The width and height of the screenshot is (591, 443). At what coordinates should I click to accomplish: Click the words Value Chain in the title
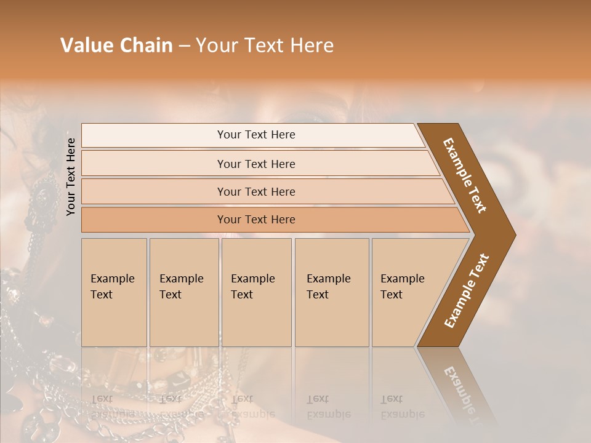pos(116,46)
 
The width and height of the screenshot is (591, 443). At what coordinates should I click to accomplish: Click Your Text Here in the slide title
pos(265,46)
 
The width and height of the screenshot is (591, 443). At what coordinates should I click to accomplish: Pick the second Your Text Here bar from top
pos(256,164)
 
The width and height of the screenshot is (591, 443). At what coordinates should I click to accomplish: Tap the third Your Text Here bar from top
pos(256,191)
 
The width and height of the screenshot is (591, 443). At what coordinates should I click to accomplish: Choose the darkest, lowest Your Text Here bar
pos(256,220)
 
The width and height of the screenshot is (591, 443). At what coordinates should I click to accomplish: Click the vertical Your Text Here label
pos(71,177)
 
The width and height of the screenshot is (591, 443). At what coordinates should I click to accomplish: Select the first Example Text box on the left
pos(114,292)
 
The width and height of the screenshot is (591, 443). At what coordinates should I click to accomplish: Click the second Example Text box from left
pos(183,292)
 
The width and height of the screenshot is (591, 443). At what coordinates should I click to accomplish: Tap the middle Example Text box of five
pos(256,292)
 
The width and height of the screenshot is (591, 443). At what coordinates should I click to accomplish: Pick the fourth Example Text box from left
pos(331,292)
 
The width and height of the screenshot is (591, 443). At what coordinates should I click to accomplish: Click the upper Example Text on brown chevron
pos(465,175)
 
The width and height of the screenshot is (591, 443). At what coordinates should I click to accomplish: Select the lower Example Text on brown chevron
pos(466,291)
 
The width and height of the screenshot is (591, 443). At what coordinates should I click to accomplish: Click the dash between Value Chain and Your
pos(184,46)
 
